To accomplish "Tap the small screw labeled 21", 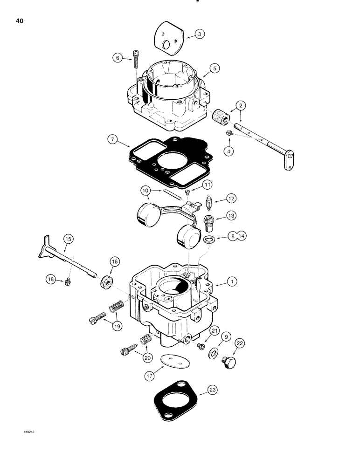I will [201, 346].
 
